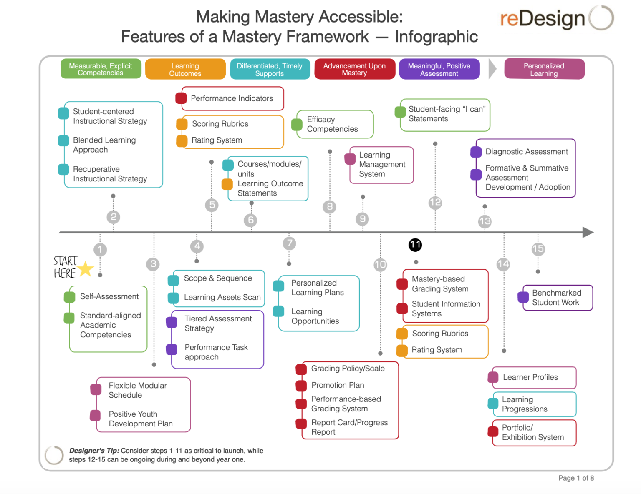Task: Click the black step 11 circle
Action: [415, 245]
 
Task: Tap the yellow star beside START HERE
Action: [86, 269]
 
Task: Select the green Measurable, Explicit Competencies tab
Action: [101, 69]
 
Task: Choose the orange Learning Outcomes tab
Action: [185, 70]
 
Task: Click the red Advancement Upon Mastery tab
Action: [354, 69]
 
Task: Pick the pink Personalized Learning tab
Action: [544, 69]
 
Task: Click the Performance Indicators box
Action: [232, 98]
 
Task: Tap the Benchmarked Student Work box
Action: [557, 298]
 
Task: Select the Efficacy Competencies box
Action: [334, 124]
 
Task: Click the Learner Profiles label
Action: [530, 377]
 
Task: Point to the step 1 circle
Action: [100, 250]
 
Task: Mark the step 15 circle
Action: [538, 249]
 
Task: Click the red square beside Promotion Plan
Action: [301, 386]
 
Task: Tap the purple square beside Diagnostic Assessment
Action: [476, 152]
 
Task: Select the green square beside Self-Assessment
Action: [69, 297]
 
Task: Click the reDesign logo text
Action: [543, 19]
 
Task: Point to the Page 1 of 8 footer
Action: [576, 478]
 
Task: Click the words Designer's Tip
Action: [94, 451]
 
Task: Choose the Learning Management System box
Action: [381, 165]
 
